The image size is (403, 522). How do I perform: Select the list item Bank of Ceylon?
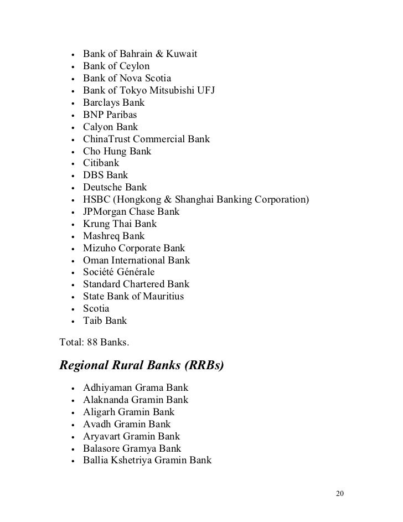click(116, 66)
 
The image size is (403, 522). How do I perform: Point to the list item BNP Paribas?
click(110, 115)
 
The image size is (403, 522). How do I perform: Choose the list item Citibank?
click(101, 163)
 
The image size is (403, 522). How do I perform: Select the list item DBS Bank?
click(106, 175)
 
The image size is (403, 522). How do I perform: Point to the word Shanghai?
click(199, 200)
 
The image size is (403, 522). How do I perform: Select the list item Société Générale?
click(119, 272)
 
